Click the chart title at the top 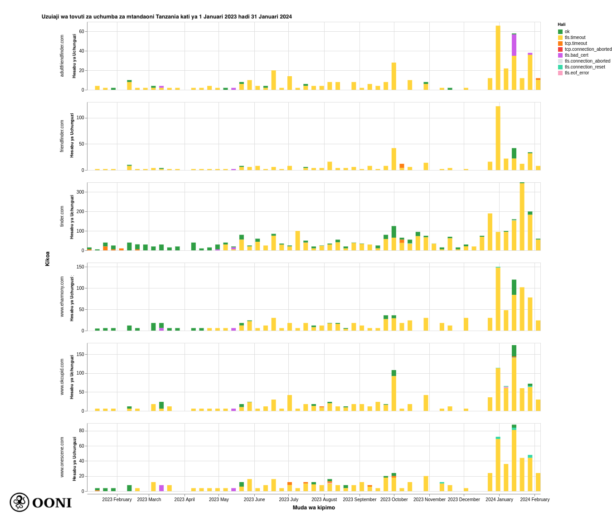[x=167, y=17]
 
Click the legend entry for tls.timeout [x=575, y=38]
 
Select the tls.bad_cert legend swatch [x=560, y=55]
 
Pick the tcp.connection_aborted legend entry [x=588, y=49]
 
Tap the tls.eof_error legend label [x=577, y=73]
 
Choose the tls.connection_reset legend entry [x=584, y=67]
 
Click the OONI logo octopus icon [x=19, y=502]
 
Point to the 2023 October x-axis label [x=394, y=500]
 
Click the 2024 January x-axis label [x=499, y=500]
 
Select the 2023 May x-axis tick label [x=219, y=500]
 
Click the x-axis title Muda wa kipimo [x=314, y=507]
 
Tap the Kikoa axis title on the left [x=48, y=259]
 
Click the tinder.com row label [x=62, y=216]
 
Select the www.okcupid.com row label [x=62, y=377]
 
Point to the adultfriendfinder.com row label [x=62, y=56]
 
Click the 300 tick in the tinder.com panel [x=80, y=192]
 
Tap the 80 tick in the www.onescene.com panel [x=82, y=431]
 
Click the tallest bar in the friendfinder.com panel [x=498, y=138]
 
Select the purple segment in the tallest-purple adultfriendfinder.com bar [x=514, y=45]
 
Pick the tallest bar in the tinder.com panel [x=522, y=217]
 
